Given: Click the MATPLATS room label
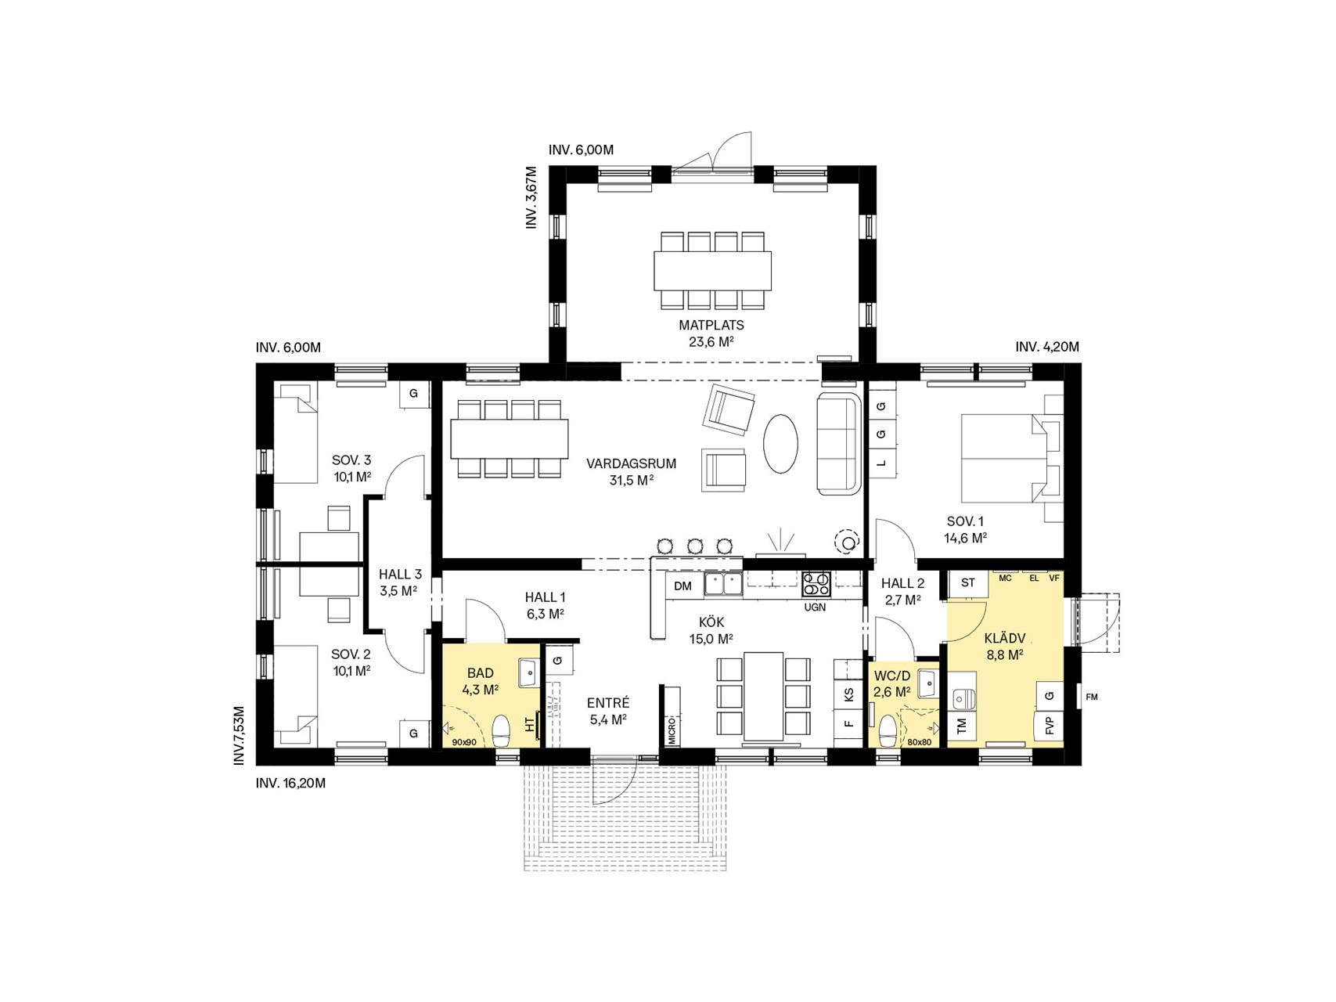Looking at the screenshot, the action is click(711, 325).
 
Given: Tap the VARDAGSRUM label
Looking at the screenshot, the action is click(631, 463).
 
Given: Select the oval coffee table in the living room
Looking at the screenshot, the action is click(781, 443).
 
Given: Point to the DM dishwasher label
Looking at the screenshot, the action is click(682, 586).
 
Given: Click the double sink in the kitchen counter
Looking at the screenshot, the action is click(724, 584).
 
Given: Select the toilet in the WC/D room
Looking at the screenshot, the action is click(888, 731).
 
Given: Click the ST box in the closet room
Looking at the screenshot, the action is click(968, 582).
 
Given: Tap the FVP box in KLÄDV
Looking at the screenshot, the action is click(1050, 725).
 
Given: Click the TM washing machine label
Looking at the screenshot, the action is click(962, 726).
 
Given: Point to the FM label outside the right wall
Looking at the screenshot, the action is click(1092, 697).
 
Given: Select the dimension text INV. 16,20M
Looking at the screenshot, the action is click(290, 783).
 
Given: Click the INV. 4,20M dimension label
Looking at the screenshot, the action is click(1047, 347).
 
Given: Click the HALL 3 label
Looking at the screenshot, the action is click(400, 575).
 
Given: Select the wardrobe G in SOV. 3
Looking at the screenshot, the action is click(414, 394).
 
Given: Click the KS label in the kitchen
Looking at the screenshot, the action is click(848, 694).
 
